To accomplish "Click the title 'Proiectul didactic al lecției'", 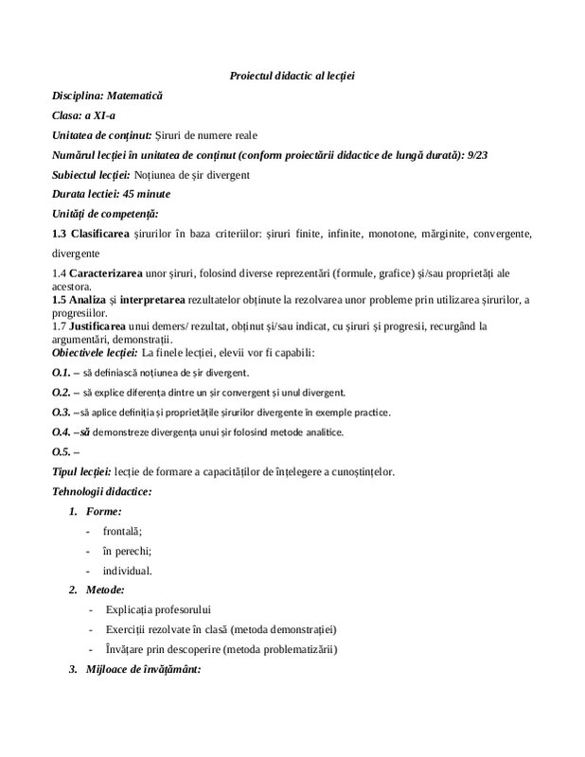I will [x=292, y=75].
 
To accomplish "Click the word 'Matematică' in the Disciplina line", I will [x=135, y=96].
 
